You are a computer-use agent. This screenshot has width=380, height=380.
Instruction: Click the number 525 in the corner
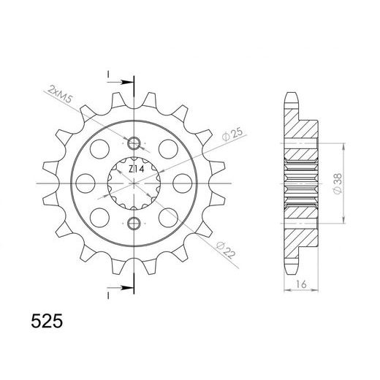tap(47, 321)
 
